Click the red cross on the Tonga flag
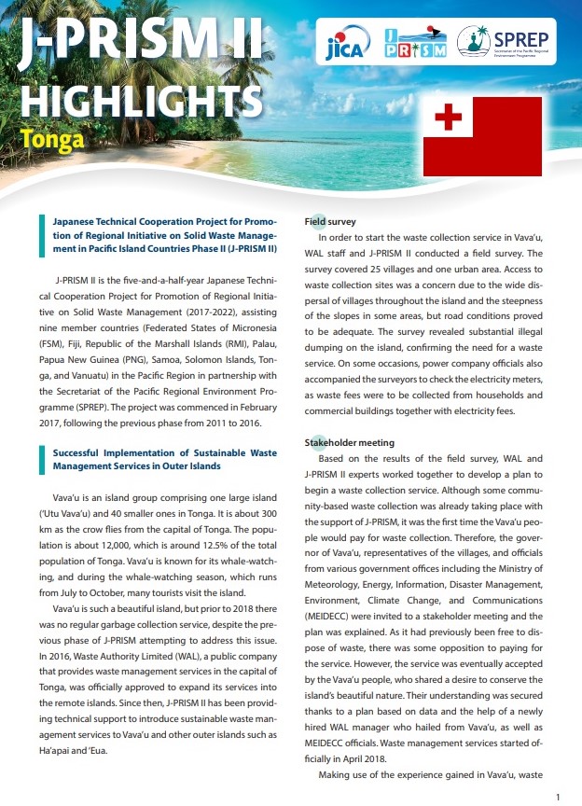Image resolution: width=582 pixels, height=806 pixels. (448, 118)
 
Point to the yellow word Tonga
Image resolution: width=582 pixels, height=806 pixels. (52, 141)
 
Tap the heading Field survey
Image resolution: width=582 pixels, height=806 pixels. (330, 222)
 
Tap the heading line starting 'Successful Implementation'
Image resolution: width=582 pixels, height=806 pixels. (161, 452)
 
